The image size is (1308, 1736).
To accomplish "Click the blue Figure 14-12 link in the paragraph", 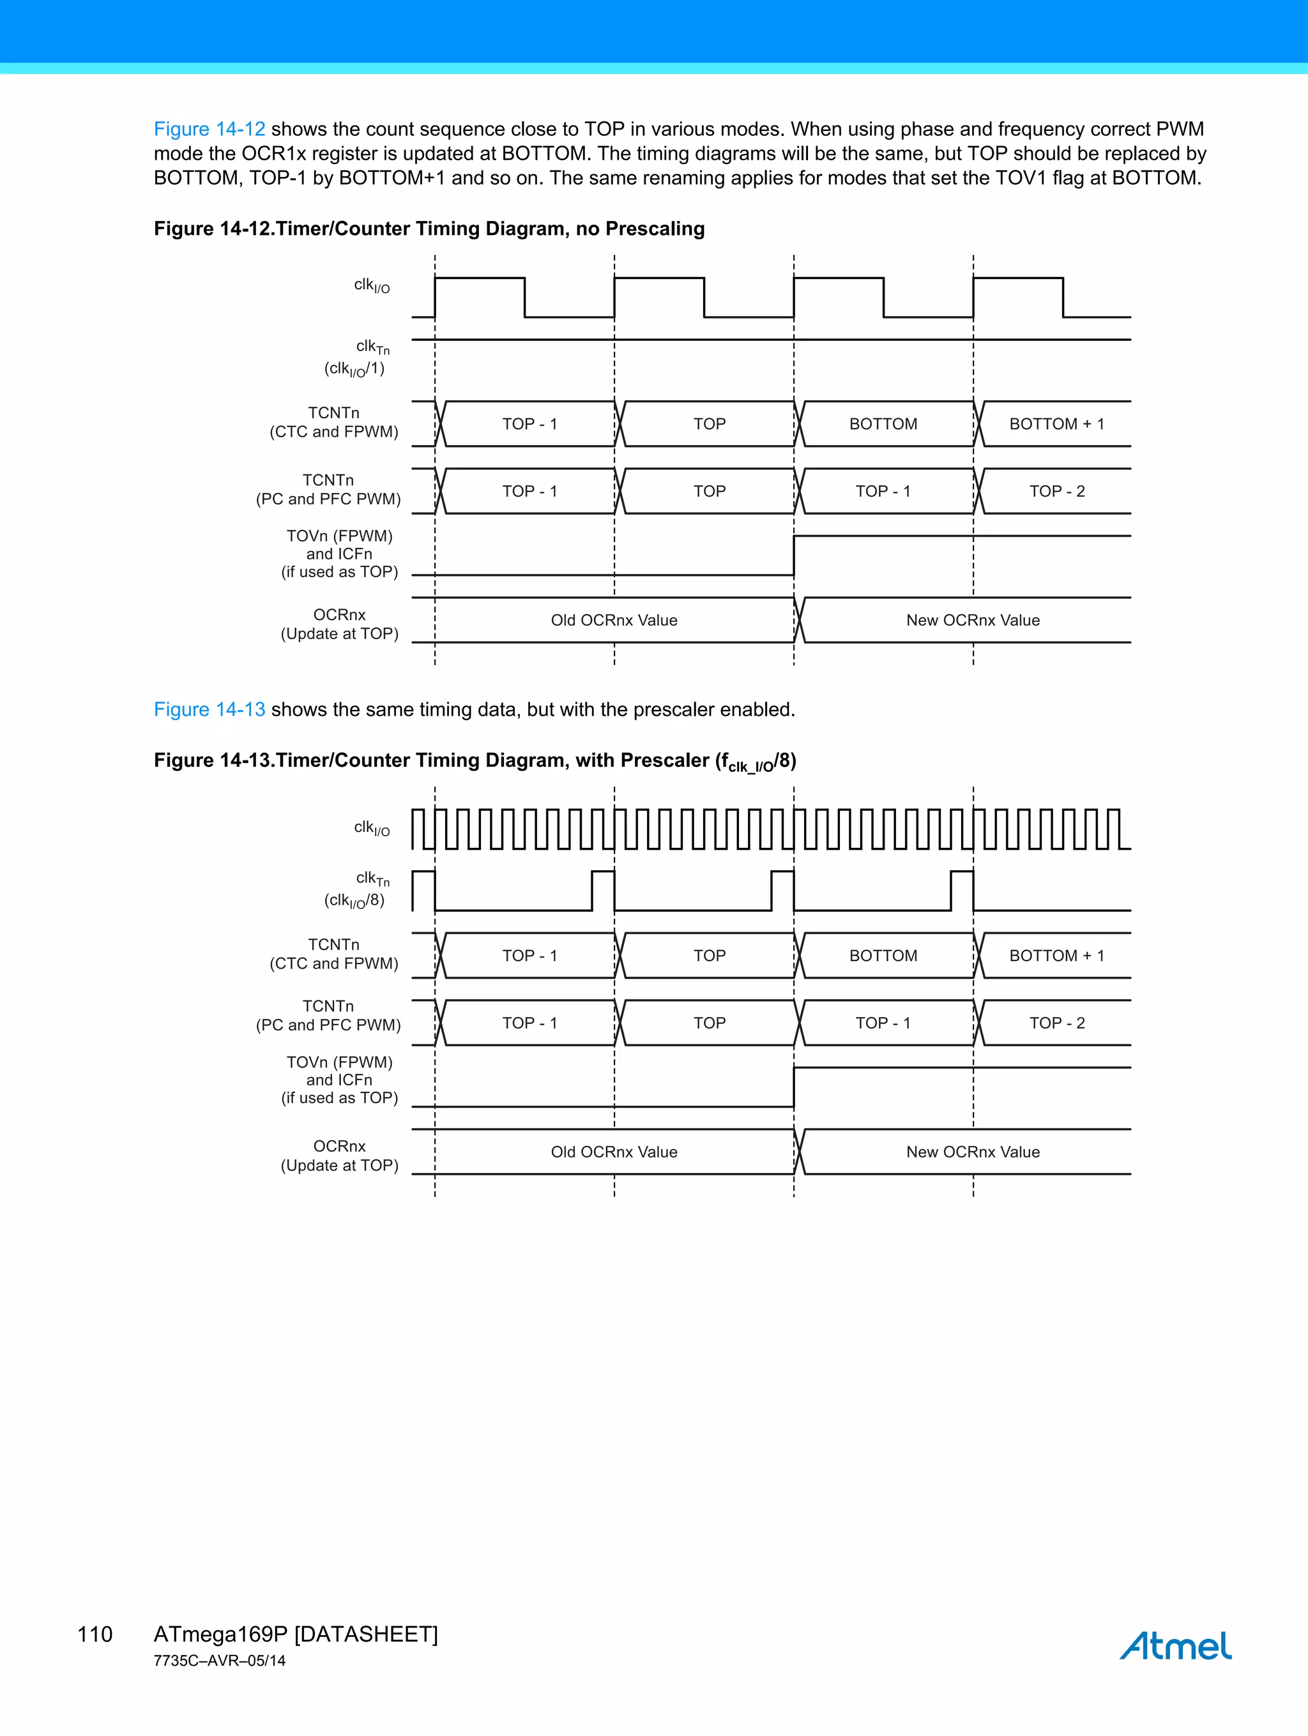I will (x=209, y=129).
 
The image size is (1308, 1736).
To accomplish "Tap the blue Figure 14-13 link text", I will (x=209, y=709).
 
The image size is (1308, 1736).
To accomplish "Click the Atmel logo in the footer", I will (x=1175, y=1646).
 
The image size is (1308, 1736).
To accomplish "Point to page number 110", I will (x=95, y=1634).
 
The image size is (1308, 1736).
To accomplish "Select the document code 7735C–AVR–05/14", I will (x=219, y=1661).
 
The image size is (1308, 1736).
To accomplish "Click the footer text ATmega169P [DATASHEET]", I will (x=295, y=1634).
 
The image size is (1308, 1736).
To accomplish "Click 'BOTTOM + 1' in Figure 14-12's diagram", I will (x=1057, y=424).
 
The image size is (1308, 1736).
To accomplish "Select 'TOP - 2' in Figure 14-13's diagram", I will (x=1057, y=1023).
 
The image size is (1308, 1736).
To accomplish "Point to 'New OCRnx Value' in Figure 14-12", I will (x=973, y=620).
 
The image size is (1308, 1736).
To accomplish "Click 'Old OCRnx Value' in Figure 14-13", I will (x=614, y=1152).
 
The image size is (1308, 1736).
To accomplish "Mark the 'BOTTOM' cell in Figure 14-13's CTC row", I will (x=883, y=956).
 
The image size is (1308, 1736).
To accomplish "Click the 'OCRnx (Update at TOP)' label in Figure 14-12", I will (x=339, y=624).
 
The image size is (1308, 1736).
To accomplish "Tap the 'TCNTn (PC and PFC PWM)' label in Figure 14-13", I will (x=329, y=1016).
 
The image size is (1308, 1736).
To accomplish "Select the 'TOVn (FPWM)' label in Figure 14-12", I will (x=339, y=536).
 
